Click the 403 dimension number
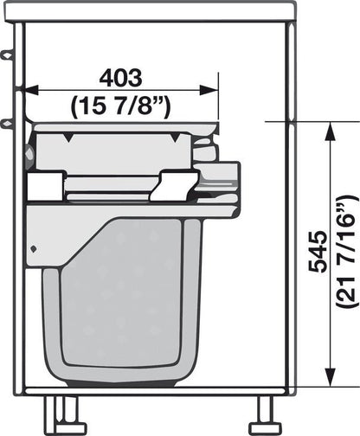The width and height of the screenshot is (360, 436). pyautogui.click(x=121, y=78)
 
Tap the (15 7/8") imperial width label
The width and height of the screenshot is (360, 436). pyautogui.click(x=121, y=107)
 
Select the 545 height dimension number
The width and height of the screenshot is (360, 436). pyautogui.click(x=318, y=252)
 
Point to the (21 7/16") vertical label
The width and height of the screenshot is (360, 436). pyautogui.click(x=348, y=252)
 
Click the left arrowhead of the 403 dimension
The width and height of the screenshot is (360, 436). pyautogui.click(x=32, y=90)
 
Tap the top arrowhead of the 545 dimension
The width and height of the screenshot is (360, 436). pyautogui.click(x=331, y=131)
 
